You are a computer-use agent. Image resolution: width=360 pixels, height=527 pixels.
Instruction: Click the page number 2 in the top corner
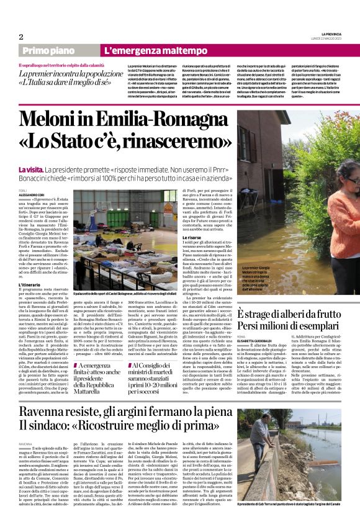click(x=21, y=37)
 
